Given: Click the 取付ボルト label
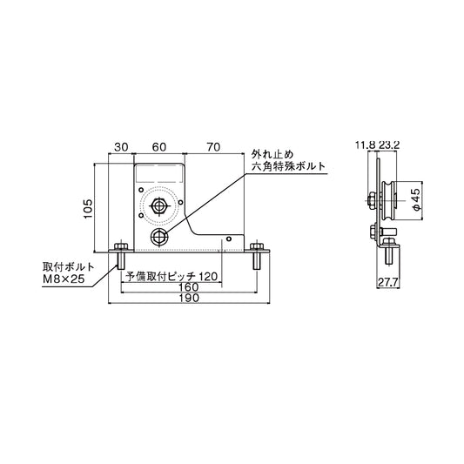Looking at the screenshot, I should click(64, 266).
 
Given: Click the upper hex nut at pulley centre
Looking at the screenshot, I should click(160, 207).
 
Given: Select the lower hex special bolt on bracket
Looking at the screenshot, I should click(159, 236).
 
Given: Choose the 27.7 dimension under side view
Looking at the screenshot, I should click(388, 282).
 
